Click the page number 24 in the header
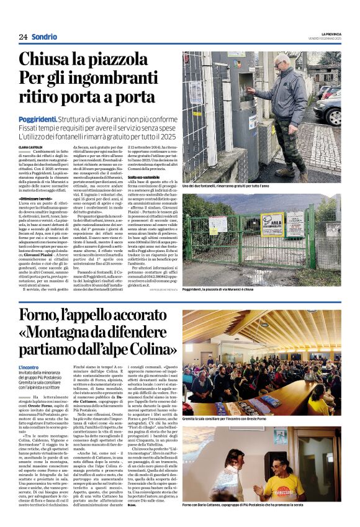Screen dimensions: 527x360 click(23, 37)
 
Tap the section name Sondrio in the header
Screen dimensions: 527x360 click(44, 37)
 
